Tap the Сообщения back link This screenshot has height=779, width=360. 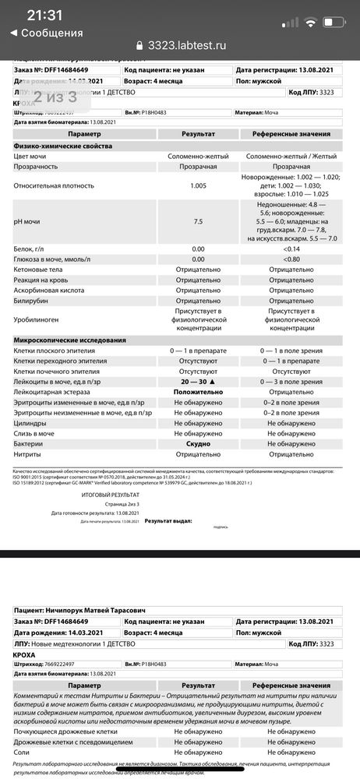(47, 33)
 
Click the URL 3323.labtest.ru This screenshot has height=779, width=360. (186, 45)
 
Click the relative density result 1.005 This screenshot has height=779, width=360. (198, 186)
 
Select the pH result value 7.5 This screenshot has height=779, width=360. (198, 222)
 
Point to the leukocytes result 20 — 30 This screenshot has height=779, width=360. (198, 382)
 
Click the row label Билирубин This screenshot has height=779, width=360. (35, 301)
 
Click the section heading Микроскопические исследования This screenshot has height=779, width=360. (69, 340)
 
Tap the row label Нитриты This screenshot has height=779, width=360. (30, 453)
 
